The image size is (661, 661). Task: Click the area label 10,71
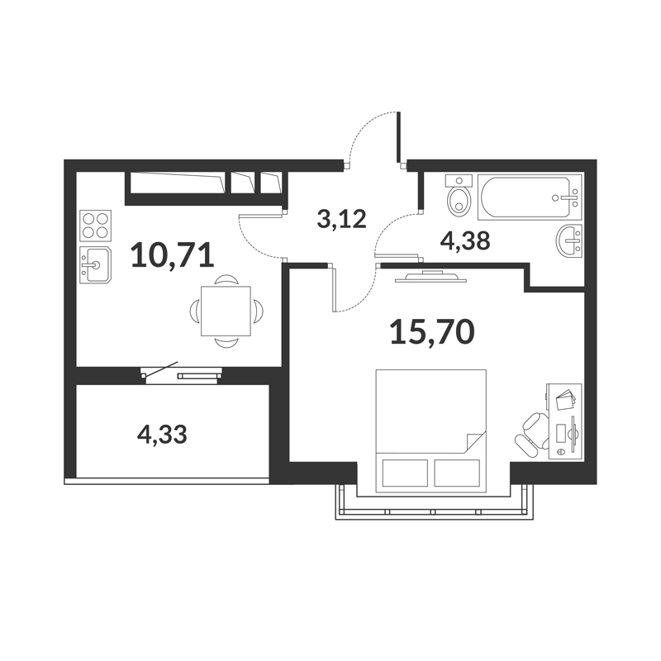(173, 256)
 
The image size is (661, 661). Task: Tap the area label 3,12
(341, 219)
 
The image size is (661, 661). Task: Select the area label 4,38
(465, 241)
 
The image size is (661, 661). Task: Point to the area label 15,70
(432, 332)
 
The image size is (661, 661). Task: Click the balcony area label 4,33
(162, 435)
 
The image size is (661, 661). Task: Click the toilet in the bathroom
(459, 197)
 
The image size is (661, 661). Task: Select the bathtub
(530, 197)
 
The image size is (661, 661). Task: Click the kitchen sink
(95, 264)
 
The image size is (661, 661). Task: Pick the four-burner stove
(95, 226)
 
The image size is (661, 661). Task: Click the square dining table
(226, 311)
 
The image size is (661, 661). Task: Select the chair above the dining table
(226, 280)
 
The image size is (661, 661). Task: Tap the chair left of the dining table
(195, 311)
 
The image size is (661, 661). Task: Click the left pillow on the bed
(405, 473)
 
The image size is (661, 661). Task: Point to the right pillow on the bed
(457, 473)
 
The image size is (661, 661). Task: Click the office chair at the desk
(532, 435)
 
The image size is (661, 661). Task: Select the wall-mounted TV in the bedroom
(430, 277)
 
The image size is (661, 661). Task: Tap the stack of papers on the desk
(565, 400)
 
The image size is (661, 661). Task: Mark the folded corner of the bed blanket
(475, 442)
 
